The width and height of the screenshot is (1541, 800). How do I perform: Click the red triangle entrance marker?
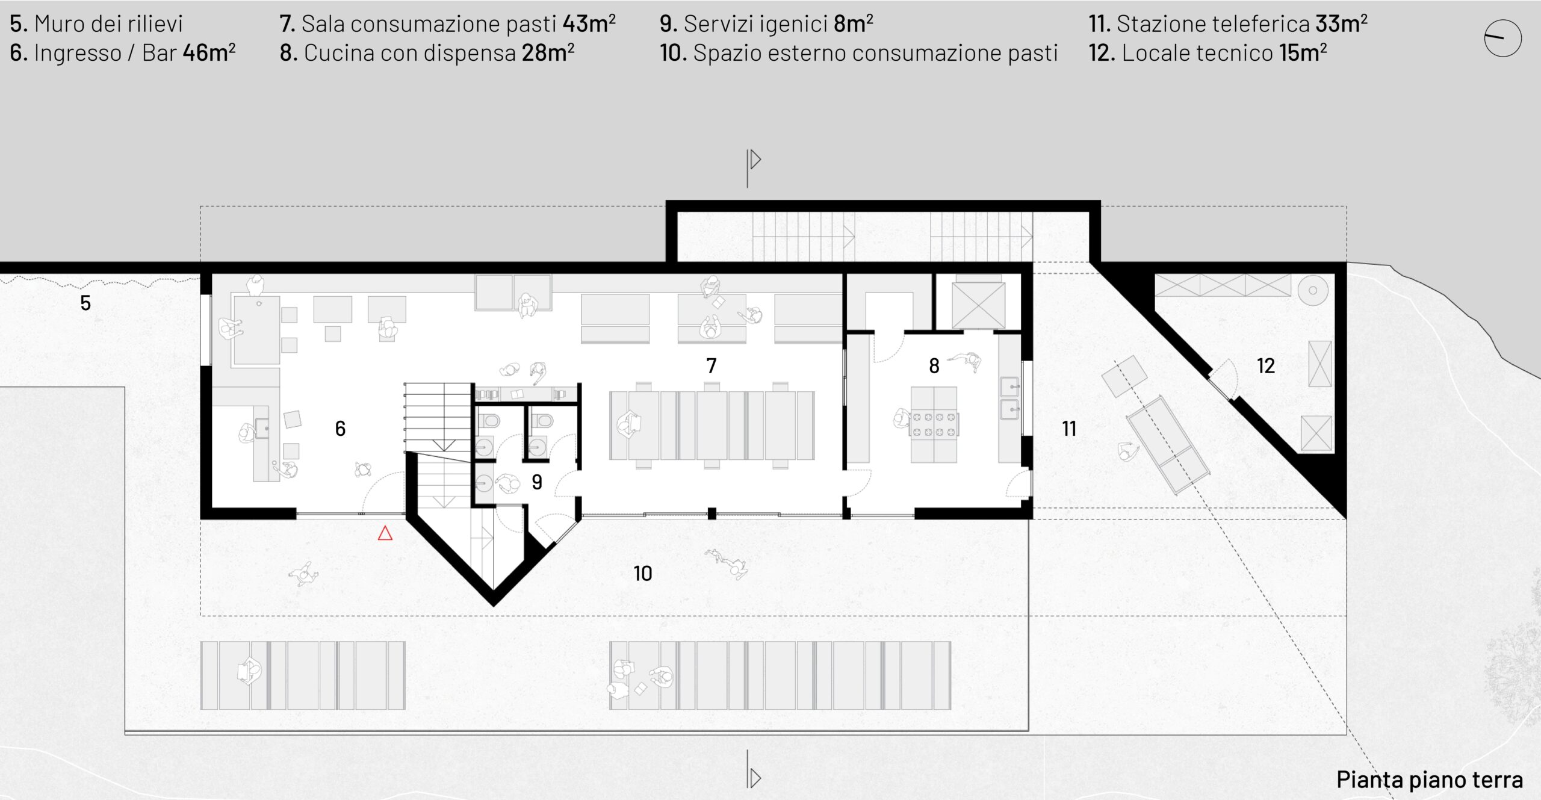385,533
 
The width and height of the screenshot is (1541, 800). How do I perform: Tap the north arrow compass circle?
1502,38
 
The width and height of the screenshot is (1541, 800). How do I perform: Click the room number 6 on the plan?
340,428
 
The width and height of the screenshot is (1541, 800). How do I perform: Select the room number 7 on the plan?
712,365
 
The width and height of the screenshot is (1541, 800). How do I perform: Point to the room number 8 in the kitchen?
934,365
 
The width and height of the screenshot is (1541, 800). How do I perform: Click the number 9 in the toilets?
537,482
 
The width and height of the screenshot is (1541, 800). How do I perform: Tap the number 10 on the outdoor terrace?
643,573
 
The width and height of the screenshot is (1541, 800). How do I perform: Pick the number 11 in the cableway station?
1069,429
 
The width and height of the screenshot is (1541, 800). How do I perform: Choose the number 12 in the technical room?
1265,365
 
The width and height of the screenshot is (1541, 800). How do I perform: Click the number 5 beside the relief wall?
85,303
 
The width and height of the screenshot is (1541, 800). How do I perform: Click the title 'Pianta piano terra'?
1430,780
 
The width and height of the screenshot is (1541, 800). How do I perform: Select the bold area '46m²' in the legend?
209,52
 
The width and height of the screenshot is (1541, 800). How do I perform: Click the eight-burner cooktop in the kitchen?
933,424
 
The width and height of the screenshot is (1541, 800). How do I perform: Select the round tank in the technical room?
1313,291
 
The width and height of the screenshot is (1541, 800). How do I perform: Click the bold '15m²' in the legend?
1303,52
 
